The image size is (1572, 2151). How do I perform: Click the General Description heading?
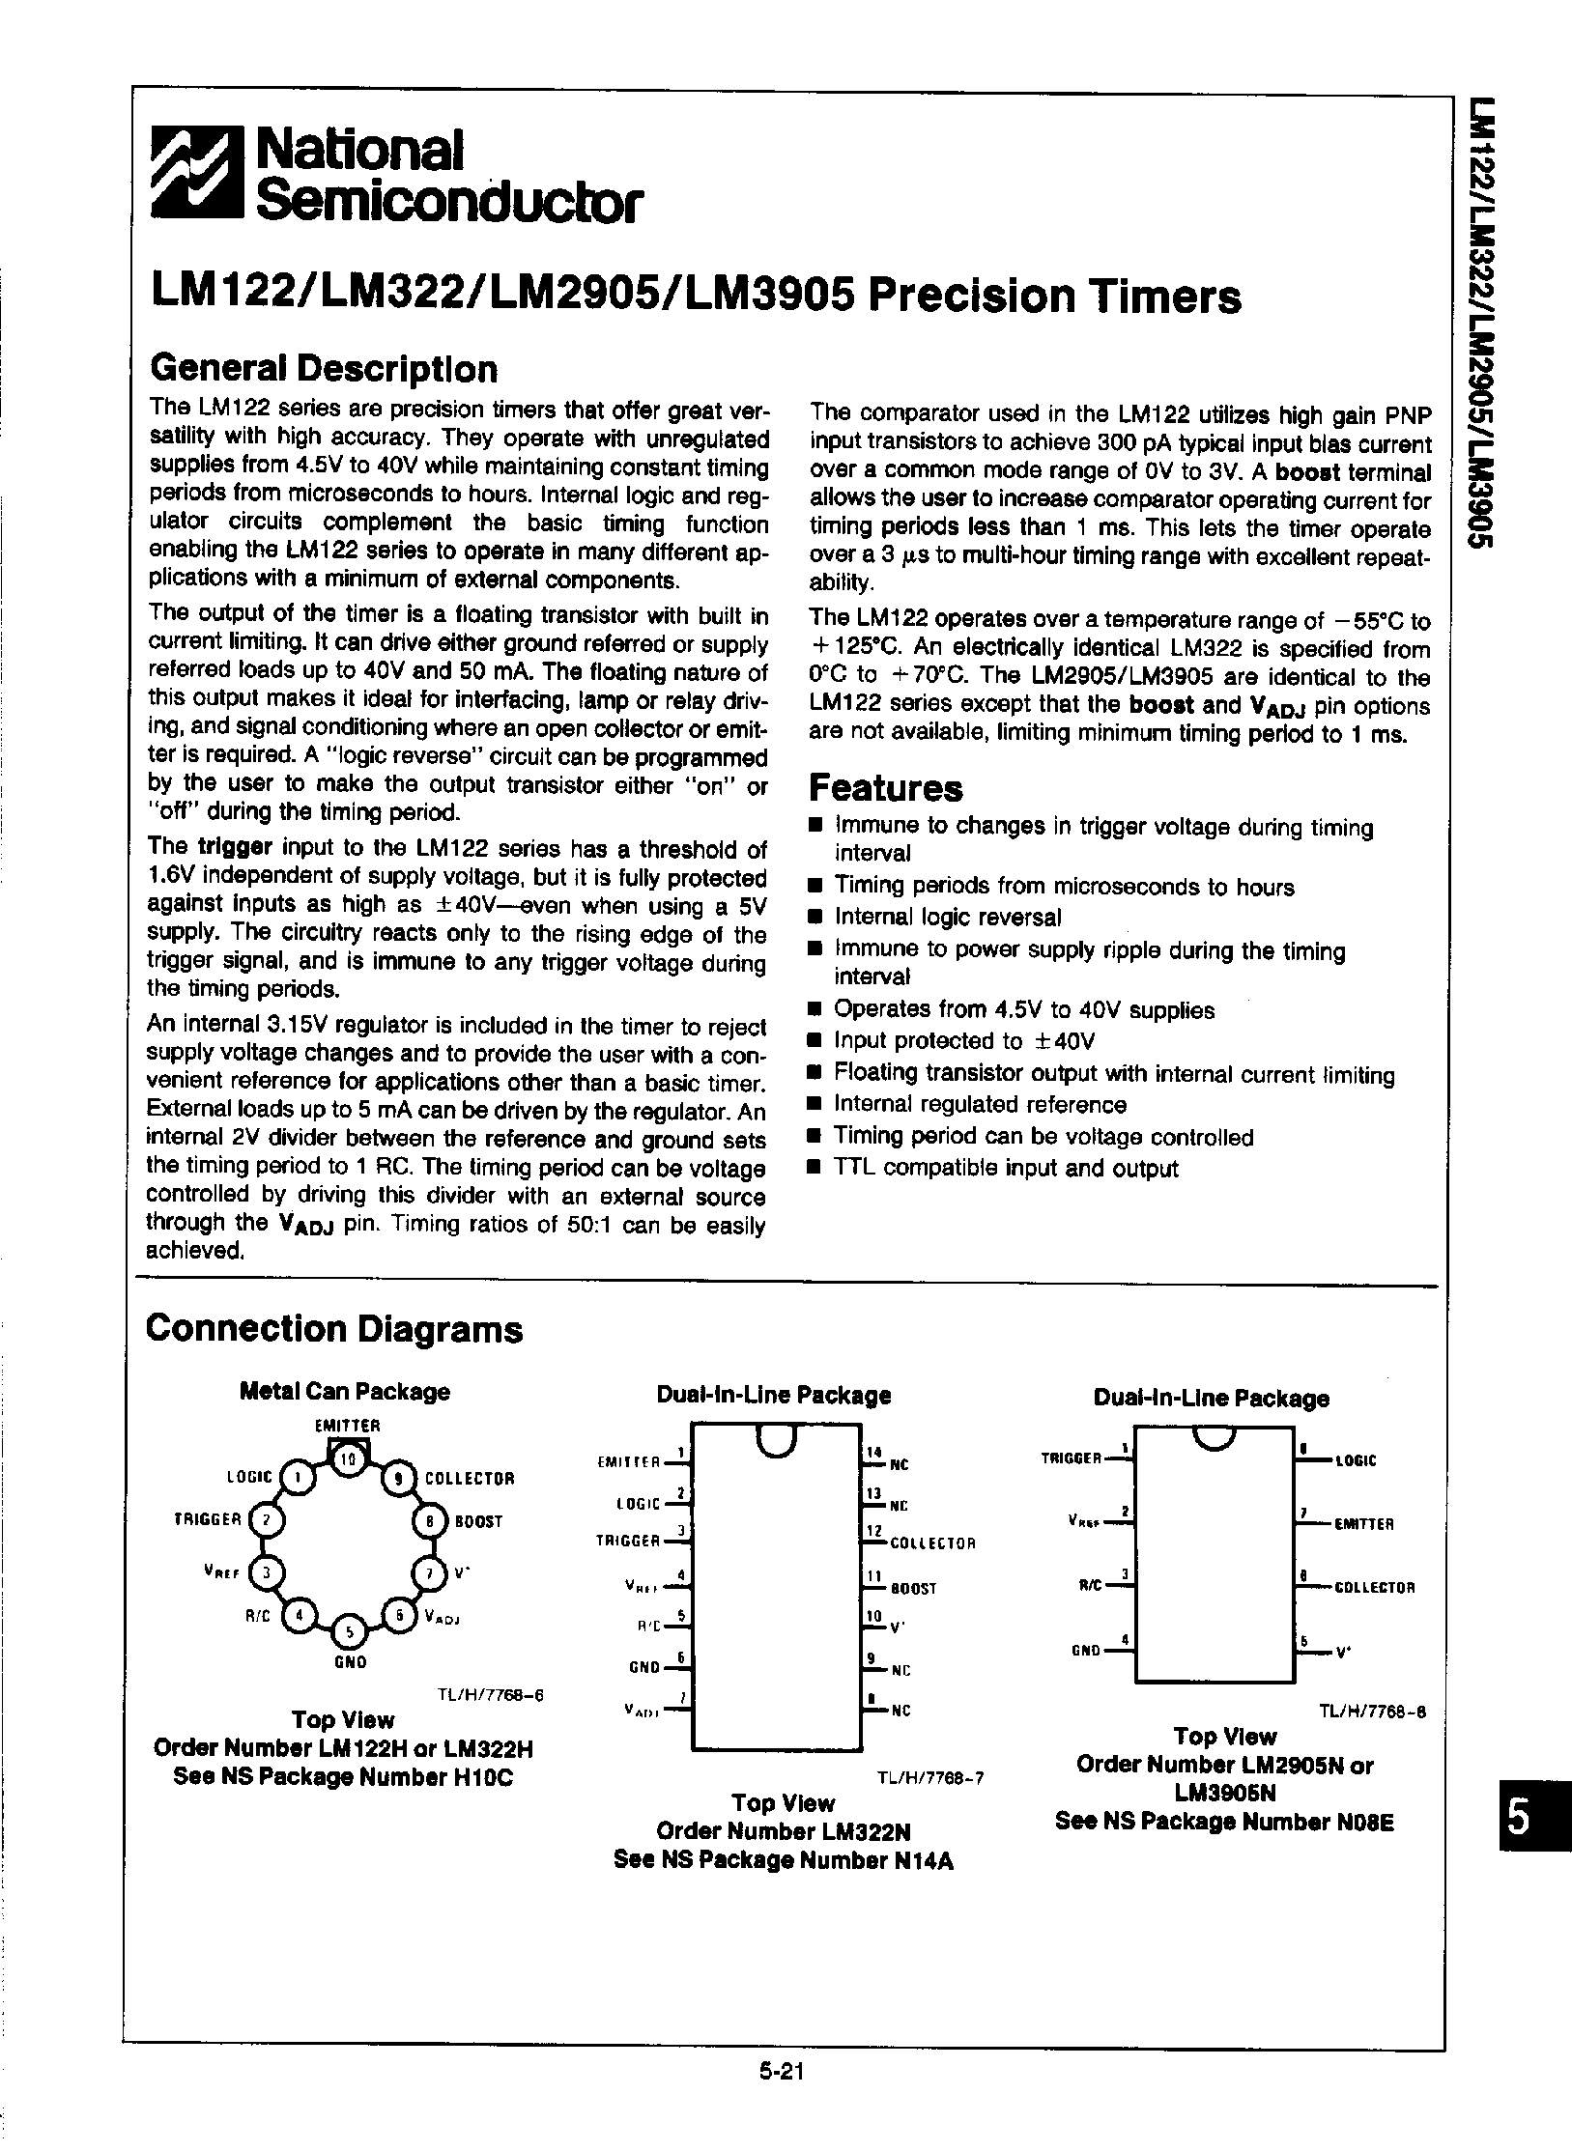324,369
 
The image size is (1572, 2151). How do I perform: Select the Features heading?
885,788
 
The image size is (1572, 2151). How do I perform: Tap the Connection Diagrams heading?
333,1329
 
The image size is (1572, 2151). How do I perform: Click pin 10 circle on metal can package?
348,1460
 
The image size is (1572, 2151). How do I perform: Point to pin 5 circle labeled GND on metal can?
350,1631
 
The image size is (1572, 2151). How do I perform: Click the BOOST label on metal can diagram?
479,1521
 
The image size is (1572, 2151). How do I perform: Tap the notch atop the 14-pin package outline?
777,1440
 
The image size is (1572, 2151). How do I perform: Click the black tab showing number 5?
1519,1822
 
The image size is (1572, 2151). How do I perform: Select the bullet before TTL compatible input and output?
815,1169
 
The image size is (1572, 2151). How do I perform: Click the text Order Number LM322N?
784,1831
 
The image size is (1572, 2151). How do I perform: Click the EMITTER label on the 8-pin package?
1363,1525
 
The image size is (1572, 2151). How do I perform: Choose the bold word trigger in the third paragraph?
235,848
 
